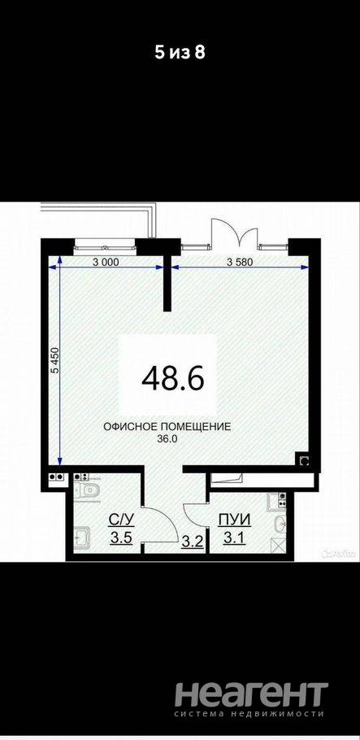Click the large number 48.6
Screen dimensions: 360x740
coord(173,377)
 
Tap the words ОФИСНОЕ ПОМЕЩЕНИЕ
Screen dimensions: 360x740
coord(167,427)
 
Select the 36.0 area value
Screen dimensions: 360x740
coord(167,438)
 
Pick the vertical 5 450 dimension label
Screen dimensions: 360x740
coord(54,362)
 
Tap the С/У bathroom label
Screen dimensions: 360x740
coord(122,520)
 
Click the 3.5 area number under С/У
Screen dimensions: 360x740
coord(122,538)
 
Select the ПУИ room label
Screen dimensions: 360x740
coord(235,520)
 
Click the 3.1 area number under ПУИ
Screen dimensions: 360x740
coord(235,538)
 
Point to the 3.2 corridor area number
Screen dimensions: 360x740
coord(193,541)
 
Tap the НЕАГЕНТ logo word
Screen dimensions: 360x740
coord(252,694)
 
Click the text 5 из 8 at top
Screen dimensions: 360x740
coord(180,53)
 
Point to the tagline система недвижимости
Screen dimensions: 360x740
coord(251,715)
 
